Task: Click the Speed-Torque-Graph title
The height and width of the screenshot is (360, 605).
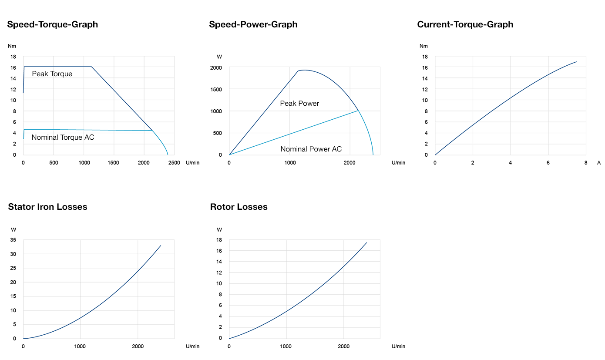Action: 52,24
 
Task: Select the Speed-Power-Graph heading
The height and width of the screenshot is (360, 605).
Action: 253,24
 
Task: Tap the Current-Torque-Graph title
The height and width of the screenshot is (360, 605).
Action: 465,24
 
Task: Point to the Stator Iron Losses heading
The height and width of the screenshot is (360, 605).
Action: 47,207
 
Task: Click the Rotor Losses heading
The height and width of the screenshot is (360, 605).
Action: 239,207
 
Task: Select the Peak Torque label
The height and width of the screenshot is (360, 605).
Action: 52,74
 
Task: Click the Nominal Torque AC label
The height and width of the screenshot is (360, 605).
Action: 63,138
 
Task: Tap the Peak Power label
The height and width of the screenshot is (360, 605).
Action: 299,104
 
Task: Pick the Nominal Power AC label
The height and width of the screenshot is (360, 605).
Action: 311,149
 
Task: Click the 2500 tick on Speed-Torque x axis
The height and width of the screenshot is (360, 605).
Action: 174,163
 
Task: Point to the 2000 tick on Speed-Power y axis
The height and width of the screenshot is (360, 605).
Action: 216,68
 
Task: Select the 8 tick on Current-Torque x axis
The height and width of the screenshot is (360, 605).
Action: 585,163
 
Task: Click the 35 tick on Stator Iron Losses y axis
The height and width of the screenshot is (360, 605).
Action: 13,240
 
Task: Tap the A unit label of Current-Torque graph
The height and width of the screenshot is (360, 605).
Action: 599,163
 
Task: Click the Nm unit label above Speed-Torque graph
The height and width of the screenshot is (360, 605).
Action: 11,46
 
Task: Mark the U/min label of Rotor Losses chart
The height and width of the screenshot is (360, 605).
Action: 398,347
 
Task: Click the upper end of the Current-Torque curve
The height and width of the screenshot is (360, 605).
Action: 576,62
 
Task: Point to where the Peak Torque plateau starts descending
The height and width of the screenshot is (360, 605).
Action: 91,67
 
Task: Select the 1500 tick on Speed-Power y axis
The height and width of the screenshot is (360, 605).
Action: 216,90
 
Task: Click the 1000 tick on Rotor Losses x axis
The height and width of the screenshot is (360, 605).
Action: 286,347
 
